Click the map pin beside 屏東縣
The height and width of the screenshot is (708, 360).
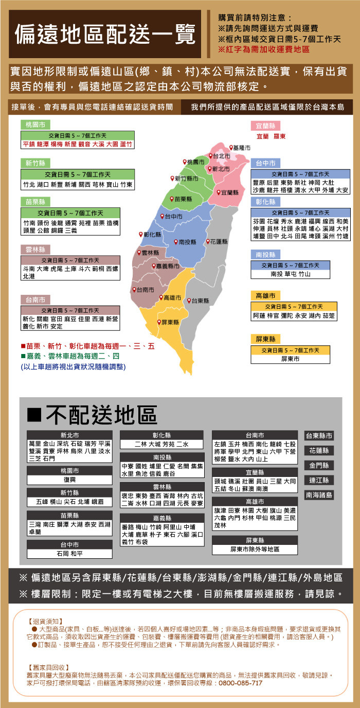tap(159, 322)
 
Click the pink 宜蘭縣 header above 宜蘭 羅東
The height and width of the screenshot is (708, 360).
tap(265, 126)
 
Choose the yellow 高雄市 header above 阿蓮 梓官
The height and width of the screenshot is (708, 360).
tap(265, 295)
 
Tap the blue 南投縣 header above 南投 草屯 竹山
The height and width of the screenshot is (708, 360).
tap(265, 254)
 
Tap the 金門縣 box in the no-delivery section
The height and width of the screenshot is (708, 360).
tap(319, 465)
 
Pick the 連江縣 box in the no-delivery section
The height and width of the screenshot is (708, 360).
tap(319, 480)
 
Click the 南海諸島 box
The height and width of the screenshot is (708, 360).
tap(319, 495)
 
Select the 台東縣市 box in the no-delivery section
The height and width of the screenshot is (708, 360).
tap(319, 436)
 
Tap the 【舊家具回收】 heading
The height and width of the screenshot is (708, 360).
tap(49, 667)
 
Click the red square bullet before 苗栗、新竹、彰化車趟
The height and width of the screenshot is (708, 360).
tap(23, 346)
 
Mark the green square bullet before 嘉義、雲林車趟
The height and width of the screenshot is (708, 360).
tap(23, 356)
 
